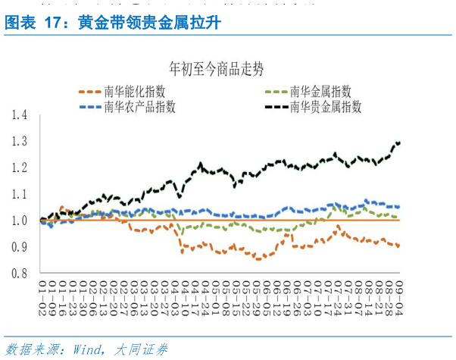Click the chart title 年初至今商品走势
pyautogui.click(x=217, y=70)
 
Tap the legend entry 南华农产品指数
pyautogui.click(x=139, y=107)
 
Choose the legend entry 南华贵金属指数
pyautogui.click(x=326, y=107)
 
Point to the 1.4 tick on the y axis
pyautogui.click(x=20, y=115)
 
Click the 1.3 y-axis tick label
pyautogui.click(x=20, y=142)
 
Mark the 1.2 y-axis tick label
pyautogui.click(x=20, y=167)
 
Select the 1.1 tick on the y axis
pyautogui.click(x=20, y=194)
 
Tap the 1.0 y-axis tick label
pyautogui.click(x=20, y=221)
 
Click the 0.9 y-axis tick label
pyautogui.click(x=20, y=247)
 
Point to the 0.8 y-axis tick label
pyautogui.click(x=20, y=274)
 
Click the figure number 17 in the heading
pyautogui.click(x=52, y=23)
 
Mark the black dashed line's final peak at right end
pyautogui.click(x=398, y=142)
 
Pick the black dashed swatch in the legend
pyautogui.click(x=276, y=107)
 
